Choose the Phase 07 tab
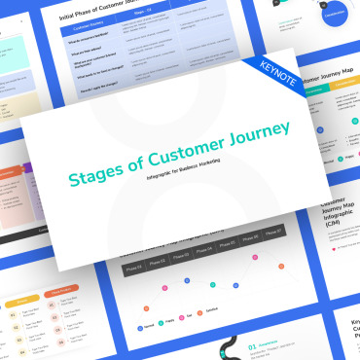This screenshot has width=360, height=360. click(273, 233)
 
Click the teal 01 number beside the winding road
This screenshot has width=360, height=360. click(254, 342)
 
